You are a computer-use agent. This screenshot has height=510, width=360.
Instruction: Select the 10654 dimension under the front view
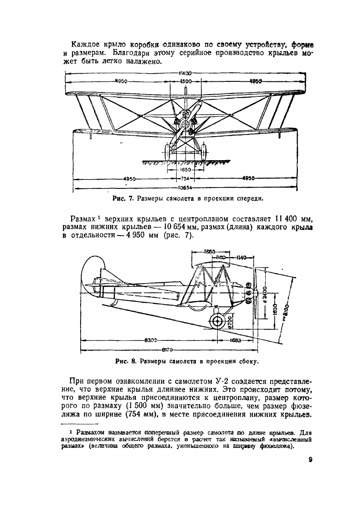point(185,188)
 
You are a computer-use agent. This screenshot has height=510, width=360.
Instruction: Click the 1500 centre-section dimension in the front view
point(186,81)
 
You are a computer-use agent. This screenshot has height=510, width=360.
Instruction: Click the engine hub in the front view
point(186,123)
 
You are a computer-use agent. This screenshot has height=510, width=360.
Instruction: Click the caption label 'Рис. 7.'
point(123,198)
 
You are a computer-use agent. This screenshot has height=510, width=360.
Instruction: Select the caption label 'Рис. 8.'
point(125,361)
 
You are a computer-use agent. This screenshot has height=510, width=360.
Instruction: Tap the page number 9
point(310,460)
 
